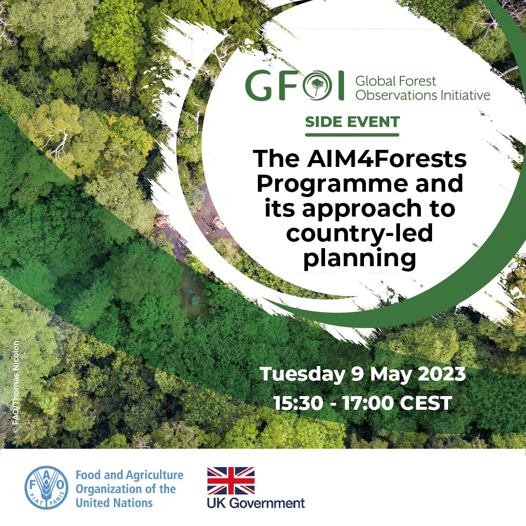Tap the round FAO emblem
coord(47,488)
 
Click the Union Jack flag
coord(231,481)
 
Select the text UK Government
coord(256,503)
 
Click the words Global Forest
coord(396,81)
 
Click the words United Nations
coord(114,503)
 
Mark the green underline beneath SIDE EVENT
coord(352,134)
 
